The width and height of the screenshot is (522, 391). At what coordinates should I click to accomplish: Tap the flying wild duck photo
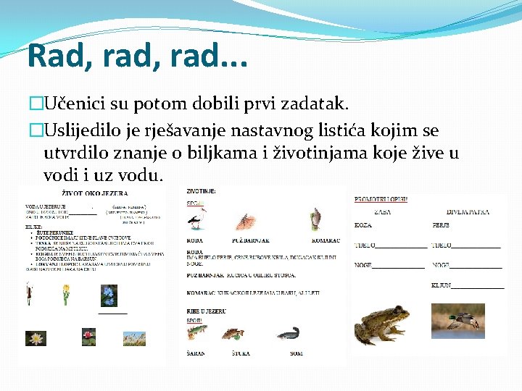(x=458, y=320)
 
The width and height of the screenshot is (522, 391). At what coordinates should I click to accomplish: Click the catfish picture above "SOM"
(x=288, y=334)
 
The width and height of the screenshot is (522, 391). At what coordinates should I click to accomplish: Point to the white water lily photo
(x=35, y=337)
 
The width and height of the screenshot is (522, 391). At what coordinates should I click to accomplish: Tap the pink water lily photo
(x=89, y=336)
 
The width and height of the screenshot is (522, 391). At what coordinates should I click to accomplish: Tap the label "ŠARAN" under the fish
(x=196, y=353)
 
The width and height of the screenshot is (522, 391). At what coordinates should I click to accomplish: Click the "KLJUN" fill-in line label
(x=442, y=286)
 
